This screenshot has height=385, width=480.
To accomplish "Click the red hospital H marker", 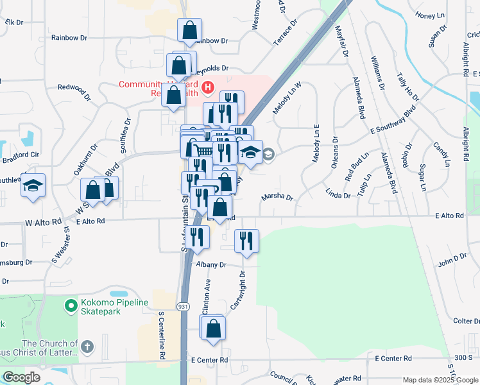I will tap(207, 87).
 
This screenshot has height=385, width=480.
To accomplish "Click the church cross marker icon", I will tap(87, 348).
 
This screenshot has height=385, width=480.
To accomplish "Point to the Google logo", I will tap(21, 377).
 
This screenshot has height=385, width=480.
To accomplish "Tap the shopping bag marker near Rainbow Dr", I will tap(190, 30).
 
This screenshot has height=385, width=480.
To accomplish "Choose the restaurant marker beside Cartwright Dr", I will tap(246, 241).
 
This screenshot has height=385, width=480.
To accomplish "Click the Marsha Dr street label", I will tap(277, 198).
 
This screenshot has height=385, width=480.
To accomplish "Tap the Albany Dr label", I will tap(214, 264).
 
